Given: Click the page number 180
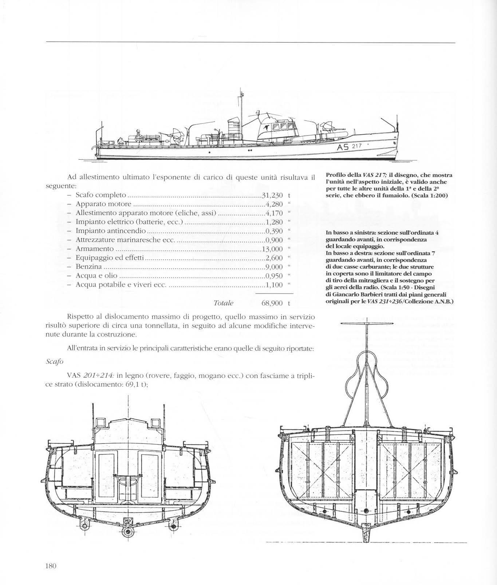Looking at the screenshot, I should [x=50, y=566].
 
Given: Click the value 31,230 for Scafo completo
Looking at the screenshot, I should [x=272, y=195].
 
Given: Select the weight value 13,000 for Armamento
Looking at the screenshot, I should [x=272, y=249].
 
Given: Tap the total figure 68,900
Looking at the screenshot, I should [x=272, y=303].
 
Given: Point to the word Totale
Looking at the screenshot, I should [x=224, y=303].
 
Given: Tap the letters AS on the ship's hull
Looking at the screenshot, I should [x=343, y=147].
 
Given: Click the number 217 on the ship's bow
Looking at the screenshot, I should [x=358, y=146].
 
